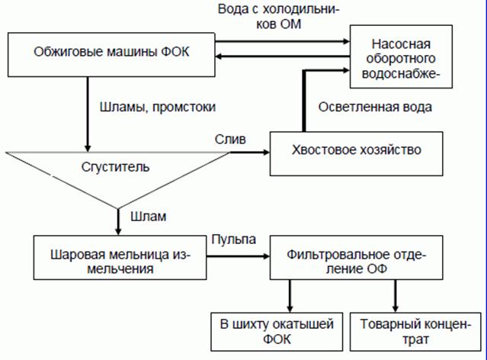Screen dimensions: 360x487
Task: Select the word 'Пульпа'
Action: click(232, 238)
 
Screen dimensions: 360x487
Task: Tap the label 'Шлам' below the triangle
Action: click(146, 216)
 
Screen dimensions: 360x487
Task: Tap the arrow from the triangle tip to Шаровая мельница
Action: click(117, 222)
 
